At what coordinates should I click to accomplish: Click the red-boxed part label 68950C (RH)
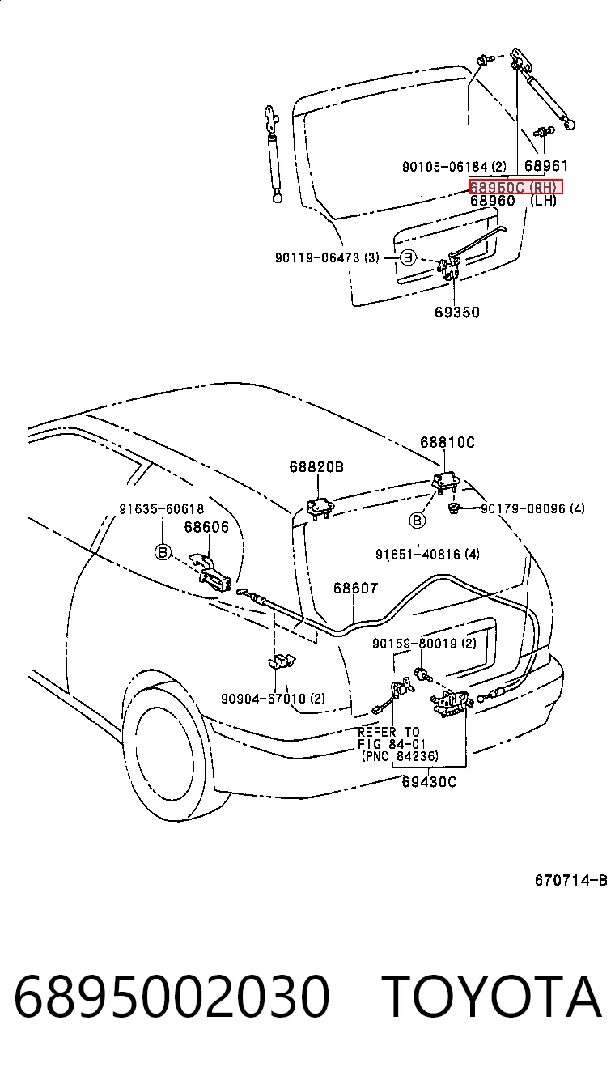coord(515,186)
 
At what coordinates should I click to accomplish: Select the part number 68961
coord(546,166)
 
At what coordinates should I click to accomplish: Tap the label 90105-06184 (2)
coord(454,167)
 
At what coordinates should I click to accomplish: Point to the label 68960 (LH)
coord(513,200)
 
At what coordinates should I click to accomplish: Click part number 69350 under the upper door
coord(457,313)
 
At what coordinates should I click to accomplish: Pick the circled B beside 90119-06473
coord(408,257)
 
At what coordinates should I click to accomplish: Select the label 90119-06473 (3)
coord(327,258)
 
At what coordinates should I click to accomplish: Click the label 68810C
coord(447,442)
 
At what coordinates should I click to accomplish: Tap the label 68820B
coord(316,466)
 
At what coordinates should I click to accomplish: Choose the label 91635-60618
coord(162,508)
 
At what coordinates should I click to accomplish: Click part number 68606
coord(206,527)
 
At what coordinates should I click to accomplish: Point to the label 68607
coord(356,588)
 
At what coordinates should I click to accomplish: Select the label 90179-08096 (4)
coord(532,508)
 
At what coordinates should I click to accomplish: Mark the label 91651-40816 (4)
coord(427,555)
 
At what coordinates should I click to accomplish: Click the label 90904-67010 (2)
coord(273,698)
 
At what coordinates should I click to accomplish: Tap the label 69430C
coord(428,781)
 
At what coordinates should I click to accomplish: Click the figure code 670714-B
coord(570,881)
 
